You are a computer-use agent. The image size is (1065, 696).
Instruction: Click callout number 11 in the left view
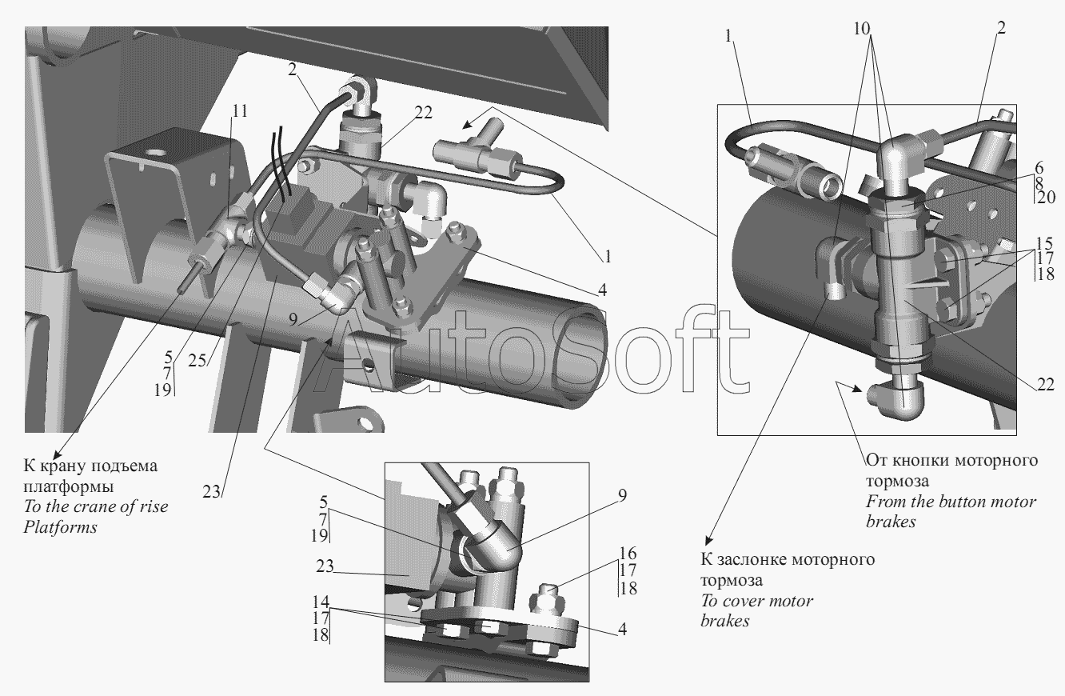240,111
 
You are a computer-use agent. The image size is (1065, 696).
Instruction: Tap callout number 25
197,361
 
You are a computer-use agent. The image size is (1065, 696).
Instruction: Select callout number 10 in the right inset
861,29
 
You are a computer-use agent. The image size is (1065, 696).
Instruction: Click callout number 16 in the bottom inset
628,554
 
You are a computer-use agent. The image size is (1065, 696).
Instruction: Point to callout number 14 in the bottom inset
321,602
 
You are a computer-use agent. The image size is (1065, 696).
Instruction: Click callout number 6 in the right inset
1039,167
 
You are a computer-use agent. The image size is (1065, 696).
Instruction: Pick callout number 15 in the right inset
1044,243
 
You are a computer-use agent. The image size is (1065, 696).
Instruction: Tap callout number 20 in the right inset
1046,197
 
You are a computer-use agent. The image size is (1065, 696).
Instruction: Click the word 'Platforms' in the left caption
61,526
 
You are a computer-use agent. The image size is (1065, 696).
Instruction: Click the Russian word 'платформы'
69,486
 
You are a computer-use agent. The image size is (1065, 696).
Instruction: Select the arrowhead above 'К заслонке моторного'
708,541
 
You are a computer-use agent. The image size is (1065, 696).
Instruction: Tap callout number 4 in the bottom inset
622,629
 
